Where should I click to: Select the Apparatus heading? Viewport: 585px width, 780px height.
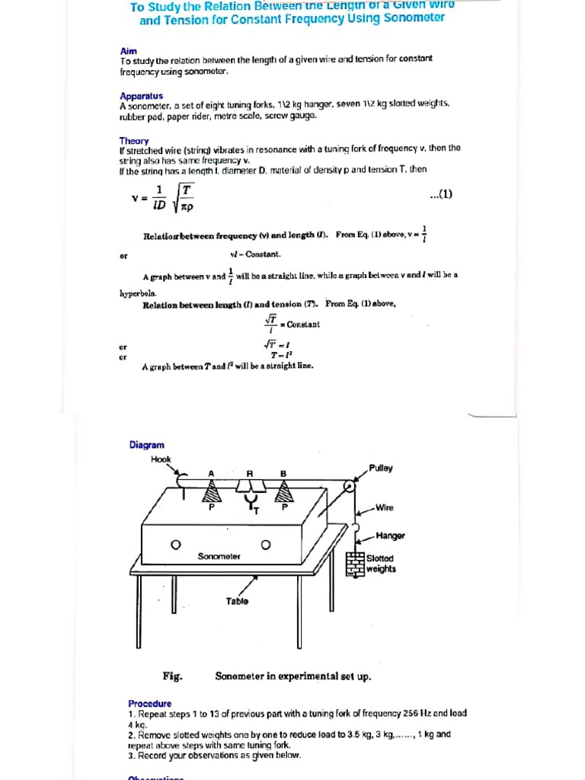pos(141,96)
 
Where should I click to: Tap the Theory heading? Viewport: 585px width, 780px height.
pos(133,141)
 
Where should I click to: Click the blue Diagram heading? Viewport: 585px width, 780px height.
pos(146,445)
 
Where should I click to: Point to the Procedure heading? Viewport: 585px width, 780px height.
pos(149,703)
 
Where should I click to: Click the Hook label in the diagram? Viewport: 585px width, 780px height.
pos(161,459)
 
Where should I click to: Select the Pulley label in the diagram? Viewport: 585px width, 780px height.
pos(381,468)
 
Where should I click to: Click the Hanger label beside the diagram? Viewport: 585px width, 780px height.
pos(390,536)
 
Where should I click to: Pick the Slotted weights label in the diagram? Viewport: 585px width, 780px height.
pos(380,564)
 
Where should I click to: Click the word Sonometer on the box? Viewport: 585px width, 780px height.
pos(219,557)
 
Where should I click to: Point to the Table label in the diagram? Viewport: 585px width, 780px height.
pos(237,601)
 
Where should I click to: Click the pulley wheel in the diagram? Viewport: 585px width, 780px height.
pos(347,485)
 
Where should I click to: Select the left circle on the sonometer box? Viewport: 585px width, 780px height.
pos(175,545)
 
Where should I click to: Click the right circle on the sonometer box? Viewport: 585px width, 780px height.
pos(266,545)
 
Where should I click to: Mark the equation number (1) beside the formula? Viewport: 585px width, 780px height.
pos(441,193)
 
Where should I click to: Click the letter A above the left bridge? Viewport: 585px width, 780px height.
pos(211,473)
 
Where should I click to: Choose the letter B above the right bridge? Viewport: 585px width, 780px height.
pos(283,473)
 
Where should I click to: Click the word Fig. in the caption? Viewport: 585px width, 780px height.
pos(172,676)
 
